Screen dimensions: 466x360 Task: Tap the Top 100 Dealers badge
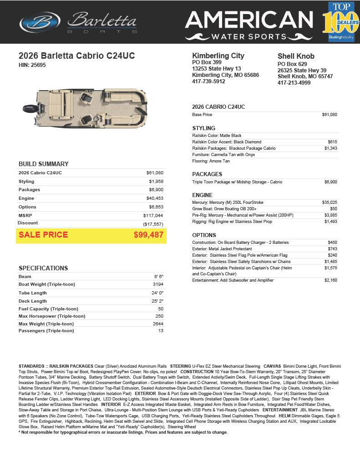[x=340, y=22]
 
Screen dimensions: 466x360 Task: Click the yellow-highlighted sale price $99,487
[x=148, y=235]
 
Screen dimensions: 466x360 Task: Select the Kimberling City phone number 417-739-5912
[x=208, y=81]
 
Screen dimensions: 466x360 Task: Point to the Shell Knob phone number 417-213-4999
[x=295, y=83]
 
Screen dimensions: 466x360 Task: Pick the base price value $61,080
[x=330, y=115]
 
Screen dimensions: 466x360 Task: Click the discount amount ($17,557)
[x=153, y=224]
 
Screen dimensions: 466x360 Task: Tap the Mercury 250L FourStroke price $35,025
[x=330, y=203]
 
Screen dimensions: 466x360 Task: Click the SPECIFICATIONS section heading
[x=43, y=268]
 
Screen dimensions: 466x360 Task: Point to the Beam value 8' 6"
[x=158, y=277]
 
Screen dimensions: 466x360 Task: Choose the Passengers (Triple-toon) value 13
[x=160, y=331]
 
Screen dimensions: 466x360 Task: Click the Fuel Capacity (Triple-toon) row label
[x=48, y=309]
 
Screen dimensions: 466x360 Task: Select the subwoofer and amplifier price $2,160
[x=330, y=280]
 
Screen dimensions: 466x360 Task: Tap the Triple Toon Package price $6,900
[x=330, y=182]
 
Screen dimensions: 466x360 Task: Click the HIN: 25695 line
[x=32, y=65]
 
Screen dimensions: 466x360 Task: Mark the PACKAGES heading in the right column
[x=207, y=174]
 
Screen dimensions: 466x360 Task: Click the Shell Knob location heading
[x=296, y=56]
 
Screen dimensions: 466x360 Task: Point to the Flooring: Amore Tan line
[x=211, y=161]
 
